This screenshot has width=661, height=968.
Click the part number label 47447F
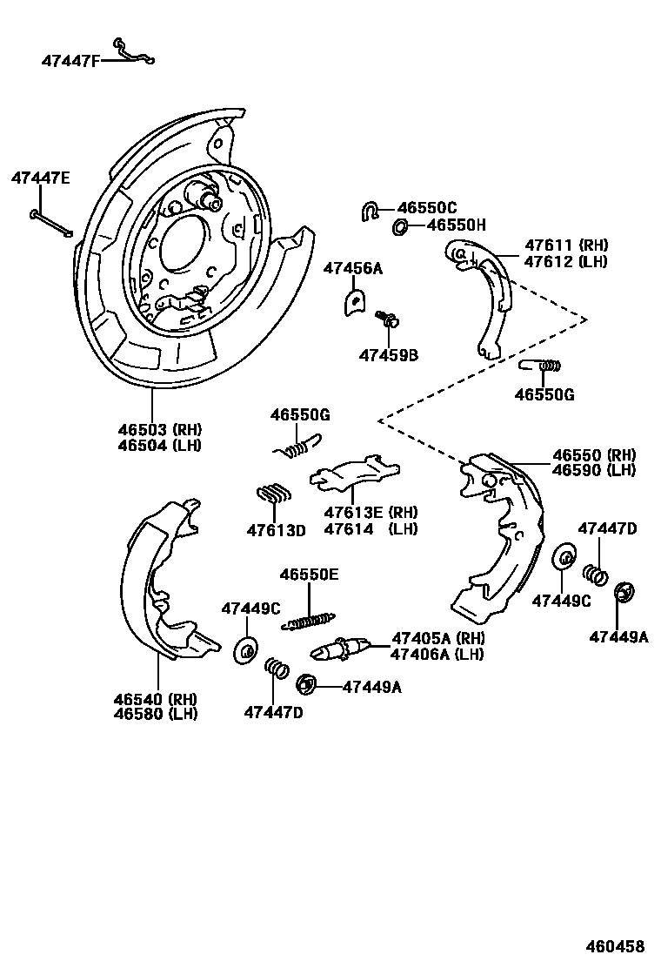tap(70, 61)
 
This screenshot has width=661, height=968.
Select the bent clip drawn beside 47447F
tap(133, 52)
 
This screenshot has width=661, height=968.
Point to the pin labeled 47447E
tap(50, 223)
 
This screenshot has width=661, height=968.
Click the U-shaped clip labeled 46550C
tap(370, 211)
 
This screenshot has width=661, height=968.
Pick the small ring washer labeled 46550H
tap(399, 227)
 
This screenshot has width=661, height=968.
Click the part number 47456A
tap(353, 268)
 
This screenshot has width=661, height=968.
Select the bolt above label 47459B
tap(387, 318)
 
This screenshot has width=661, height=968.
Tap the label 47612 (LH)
tap(566, 261)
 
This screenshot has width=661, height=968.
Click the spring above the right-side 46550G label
tap(541, 366)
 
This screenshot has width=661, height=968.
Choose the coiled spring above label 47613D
tap(273, 494)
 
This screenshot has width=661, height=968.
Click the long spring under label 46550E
tap(308, 621)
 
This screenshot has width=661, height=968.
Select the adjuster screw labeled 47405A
tap(341, 649)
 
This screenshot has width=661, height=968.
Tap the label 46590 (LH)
tap(594, 470)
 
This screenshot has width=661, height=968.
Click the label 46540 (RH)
tap(156, 700)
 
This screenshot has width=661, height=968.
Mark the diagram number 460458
tap(615, 946)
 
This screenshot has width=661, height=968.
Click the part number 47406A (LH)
tap(437, 655)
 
